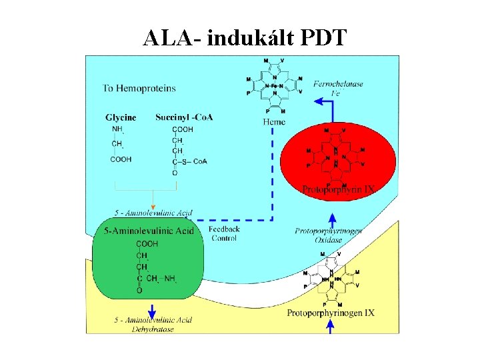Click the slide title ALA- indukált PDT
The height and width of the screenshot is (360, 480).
coord(245,38)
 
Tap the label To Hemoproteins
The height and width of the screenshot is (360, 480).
coord(139,87)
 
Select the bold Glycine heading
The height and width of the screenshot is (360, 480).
coord(121,117)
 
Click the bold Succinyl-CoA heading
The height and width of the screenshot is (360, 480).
coord(184,117)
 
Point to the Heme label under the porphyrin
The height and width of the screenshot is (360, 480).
coord(274,122)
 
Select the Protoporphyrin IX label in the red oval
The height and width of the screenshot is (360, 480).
coord(339,189)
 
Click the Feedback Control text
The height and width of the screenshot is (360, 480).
coord(224,233)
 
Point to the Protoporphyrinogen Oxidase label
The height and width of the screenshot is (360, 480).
coord(329,235)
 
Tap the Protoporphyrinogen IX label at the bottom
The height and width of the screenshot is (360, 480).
coord(331,313)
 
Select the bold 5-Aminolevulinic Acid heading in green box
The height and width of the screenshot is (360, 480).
coord(149,231)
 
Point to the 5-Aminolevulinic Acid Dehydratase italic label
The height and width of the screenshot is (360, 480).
coord(153,324)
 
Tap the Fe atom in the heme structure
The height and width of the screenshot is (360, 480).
coord(274,86)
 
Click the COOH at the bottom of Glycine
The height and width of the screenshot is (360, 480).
coord(121,159)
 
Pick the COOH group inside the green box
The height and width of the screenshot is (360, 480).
coord(147,244)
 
